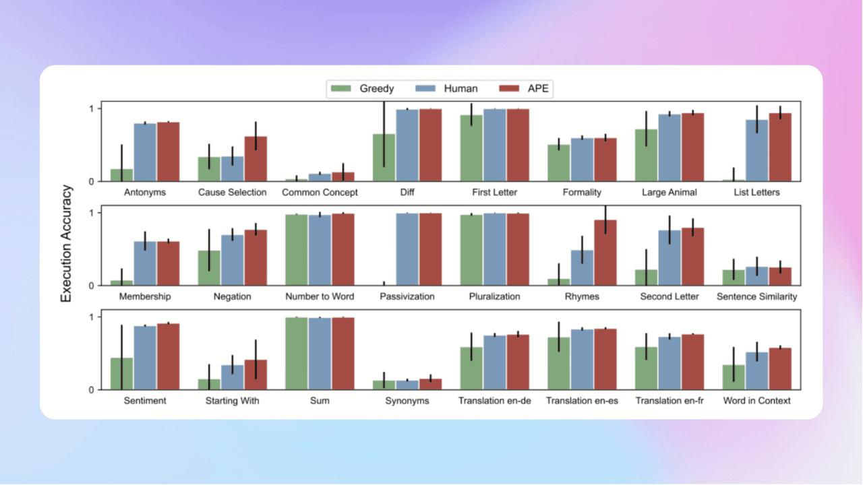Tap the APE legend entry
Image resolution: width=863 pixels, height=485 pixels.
[x=527, y=88]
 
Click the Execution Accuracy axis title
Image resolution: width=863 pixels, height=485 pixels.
[x=67, y=244]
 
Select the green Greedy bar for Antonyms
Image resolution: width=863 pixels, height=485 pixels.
[x=121, y=175]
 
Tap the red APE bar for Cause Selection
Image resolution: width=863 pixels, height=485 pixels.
[x=256, y=159]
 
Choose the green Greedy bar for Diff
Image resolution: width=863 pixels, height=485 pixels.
[x=384, y=158]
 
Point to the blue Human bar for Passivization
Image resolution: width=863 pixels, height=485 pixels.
[x=407, y=249]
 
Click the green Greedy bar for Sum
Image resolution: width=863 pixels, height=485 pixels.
[x=296, y=354]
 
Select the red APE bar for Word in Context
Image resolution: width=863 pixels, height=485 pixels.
[x=780, y=369]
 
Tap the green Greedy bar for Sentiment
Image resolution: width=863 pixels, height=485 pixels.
[x=121, y=374]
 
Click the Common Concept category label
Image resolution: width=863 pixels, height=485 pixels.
[x=320, y=193]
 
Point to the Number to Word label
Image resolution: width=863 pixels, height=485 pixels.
[x=320, y=296]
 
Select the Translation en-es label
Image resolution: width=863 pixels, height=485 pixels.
[x=582, y=401]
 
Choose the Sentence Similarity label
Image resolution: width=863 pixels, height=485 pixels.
[x=756, y=296]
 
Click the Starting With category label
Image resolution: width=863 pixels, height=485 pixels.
[x=232, y=401]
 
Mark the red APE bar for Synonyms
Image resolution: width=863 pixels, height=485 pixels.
[x=430, y=385]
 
